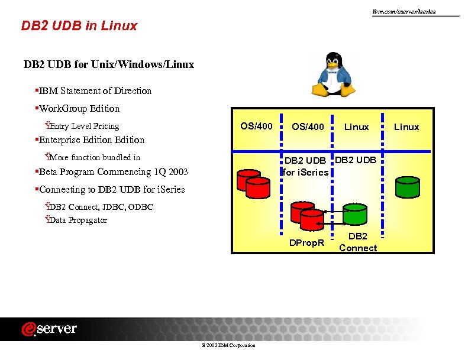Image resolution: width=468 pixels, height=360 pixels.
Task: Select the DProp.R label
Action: tap(306, 243)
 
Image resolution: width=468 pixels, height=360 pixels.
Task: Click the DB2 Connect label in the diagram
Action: tap(358, 242)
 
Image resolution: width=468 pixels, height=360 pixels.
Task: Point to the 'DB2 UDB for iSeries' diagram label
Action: tap(305, 167)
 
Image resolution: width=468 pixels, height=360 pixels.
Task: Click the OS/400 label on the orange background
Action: tap(256, 126)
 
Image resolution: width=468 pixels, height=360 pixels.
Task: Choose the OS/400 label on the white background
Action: tap(308, 127)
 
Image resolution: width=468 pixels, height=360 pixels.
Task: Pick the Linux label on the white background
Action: tap(356, 127)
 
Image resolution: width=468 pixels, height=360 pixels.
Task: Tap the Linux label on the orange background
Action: tap(406, 127)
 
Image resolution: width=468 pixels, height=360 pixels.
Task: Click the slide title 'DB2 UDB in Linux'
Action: tap(79, 26)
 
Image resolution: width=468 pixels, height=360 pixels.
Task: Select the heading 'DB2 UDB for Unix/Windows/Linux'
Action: tap(108, 64)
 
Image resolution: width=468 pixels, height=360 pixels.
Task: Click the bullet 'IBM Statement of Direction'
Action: tap(95, 91)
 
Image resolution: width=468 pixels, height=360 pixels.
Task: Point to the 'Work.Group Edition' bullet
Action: tap(79, 109)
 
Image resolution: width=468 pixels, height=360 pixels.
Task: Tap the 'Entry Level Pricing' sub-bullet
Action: tap(83, 126)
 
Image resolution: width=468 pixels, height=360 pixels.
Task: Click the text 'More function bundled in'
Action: tap(95, 157)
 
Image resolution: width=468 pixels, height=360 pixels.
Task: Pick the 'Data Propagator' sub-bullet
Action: tap(78, 220)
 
